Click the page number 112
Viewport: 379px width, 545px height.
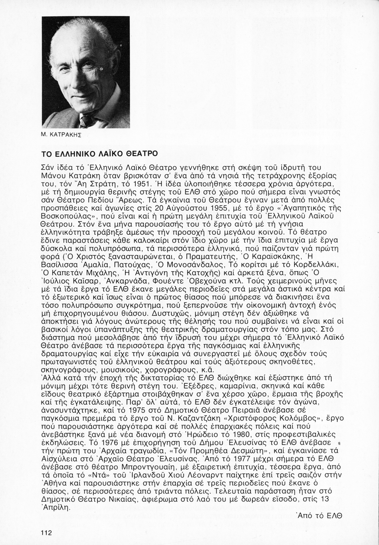47,533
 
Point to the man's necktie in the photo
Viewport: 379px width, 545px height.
85,120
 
